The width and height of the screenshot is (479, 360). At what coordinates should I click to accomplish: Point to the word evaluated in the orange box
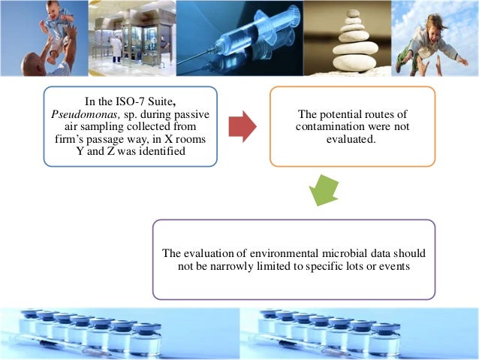352,138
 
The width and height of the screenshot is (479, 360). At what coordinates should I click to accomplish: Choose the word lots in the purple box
353,266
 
